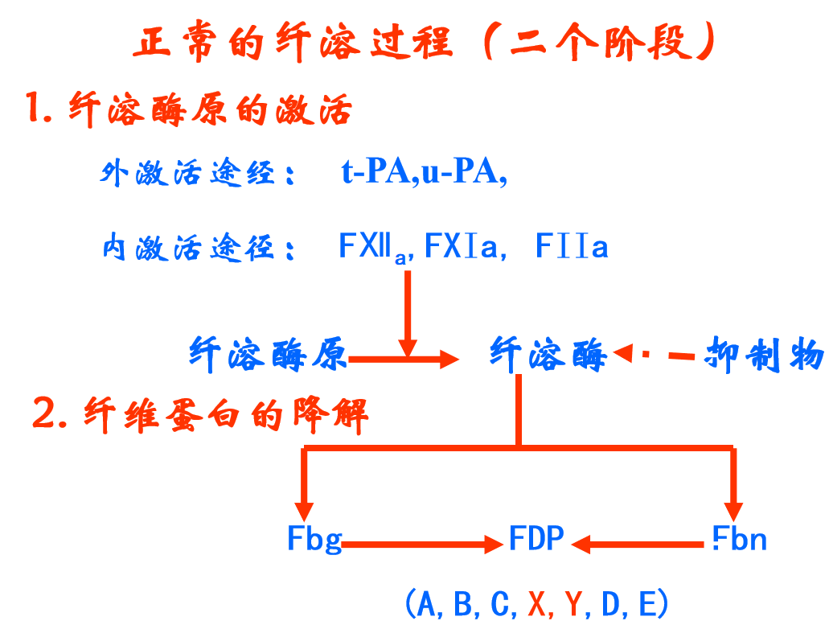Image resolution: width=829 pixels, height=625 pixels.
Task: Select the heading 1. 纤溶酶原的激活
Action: pyautogui.click(x=188, y=109)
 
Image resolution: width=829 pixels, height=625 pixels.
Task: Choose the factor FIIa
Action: pyautogui.click(x=572, y=247)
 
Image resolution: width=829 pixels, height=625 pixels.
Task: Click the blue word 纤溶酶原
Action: pyautogui.click(x=267, y=354)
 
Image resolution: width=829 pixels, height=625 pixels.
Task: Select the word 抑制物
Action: pyautogui.click(x=763, y=354)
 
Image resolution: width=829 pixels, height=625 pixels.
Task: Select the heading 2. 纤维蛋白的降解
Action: pyautogui.click(x=201, y=416)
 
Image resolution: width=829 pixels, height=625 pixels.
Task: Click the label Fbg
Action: pyautogui.click(x=314, y=539)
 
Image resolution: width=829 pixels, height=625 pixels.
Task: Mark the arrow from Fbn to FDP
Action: pyautogui.click(x=640, y=545)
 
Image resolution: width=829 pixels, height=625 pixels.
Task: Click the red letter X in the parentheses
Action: pyautogui.click(x=537, y=603)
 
